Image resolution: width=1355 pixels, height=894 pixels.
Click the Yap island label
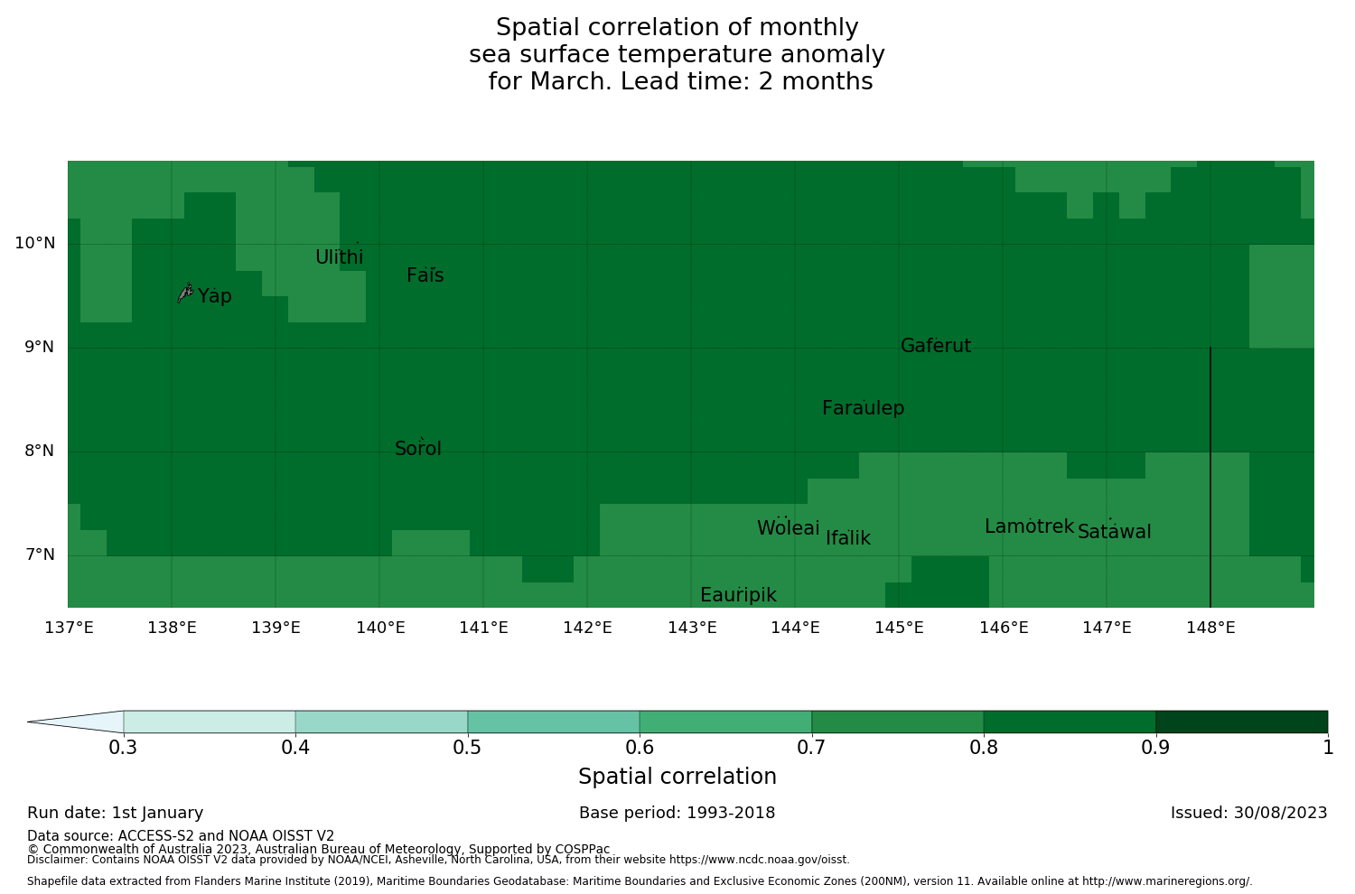coord(215,296)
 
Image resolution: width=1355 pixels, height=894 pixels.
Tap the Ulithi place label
coord(339,257)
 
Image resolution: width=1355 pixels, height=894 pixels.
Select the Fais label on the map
coord(425,275)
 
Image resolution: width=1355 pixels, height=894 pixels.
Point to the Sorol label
coord(418,449)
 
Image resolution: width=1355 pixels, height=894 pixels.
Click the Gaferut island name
coord(936,346)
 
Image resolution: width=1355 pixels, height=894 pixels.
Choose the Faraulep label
coord(863,408)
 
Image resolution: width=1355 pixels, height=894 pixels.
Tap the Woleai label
coord(788,528)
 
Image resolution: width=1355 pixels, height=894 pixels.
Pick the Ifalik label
coord(848,538)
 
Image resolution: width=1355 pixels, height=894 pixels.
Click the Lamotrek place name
coord(1029,526)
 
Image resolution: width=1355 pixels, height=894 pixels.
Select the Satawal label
coord(1114,532)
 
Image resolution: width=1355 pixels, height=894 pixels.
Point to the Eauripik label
coord(738,595)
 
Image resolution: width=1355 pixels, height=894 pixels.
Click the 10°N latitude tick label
coord(34,243)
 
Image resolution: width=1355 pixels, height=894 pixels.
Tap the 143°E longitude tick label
coord(692,628)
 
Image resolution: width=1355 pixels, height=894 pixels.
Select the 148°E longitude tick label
coord(1210,628)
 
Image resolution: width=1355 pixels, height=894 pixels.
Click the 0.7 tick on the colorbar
coord(812,747)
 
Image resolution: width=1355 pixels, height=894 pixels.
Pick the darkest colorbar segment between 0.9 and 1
coord(1241,722)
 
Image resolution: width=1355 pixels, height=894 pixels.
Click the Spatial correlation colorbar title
coord(677,777)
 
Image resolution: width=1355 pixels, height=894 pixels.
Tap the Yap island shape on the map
coord(185,292)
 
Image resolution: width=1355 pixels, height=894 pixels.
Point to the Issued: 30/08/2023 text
coord(1248,813)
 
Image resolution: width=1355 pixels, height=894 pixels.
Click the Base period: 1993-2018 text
coord(677,813)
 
